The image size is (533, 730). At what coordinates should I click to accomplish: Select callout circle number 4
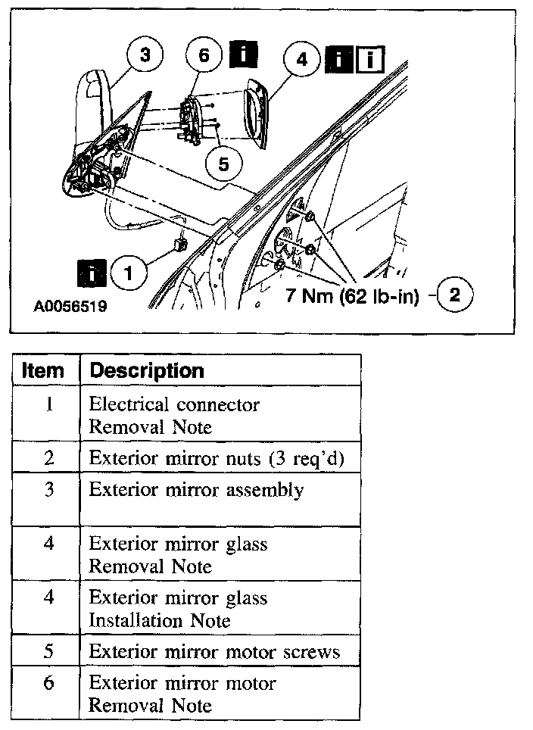[302, 58]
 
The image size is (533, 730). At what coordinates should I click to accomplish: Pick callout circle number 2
[454, 295]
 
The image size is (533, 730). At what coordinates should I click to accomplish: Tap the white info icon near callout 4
[370, 59]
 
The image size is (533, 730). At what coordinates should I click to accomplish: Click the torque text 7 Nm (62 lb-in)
[352, 295]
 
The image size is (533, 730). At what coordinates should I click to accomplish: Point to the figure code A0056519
[70, 308]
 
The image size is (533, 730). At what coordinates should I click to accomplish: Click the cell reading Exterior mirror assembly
[197, 490]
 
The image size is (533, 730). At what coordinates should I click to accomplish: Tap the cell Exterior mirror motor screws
[214, 651]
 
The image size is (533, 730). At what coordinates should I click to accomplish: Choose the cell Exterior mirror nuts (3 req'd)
[217, 458]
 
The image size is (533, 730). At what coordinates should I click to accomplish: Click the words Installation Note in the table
[160, 620]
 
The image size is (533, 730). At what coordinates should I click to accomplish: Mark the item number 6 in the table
[48, 683]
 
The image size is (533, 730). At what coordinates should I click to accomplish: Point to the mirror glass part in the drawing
[256, 115]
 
